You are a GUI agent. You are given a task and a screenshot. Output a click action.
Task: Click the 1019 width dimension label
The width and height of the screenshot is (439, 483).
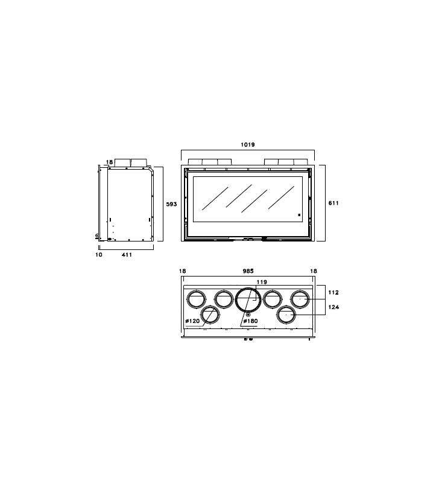[x=248, y=144]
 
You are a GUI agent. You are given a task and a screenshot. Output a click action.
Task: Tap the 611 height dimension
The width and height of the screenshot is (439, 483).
[x=333, y=203]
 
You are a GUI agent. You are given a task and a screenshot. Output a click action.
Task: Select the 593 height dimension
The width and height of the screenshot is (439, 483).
[x=171, y=204]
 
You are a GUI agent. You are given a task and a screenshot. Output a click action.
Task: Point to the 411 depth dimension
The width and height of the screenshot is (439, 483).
[x=127, y=254]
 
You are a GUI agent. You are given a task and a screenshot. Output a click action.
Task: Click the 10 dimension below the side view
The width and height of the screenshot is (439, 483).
[x=99, y=254]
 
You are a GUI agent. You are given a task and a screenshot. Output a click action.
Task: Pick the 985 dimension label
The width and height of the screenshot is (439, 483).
[x=248, y=271]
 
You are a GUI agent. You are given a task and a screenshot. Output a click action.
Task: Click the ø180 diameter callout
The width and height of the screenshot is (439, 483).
[x=250, y=321]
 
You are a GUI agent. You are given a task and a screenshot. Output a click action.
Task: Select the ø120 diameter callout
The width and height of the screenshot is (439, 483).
[x=192, y=321]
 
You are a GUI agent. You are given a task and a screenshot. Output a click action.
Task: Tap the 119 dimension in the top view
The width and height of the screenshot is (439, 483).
[x=262, y=282]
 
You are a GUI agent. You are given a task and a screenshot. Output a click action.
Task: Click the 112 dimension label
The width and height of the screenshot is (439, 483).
[x=333, y=292]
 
